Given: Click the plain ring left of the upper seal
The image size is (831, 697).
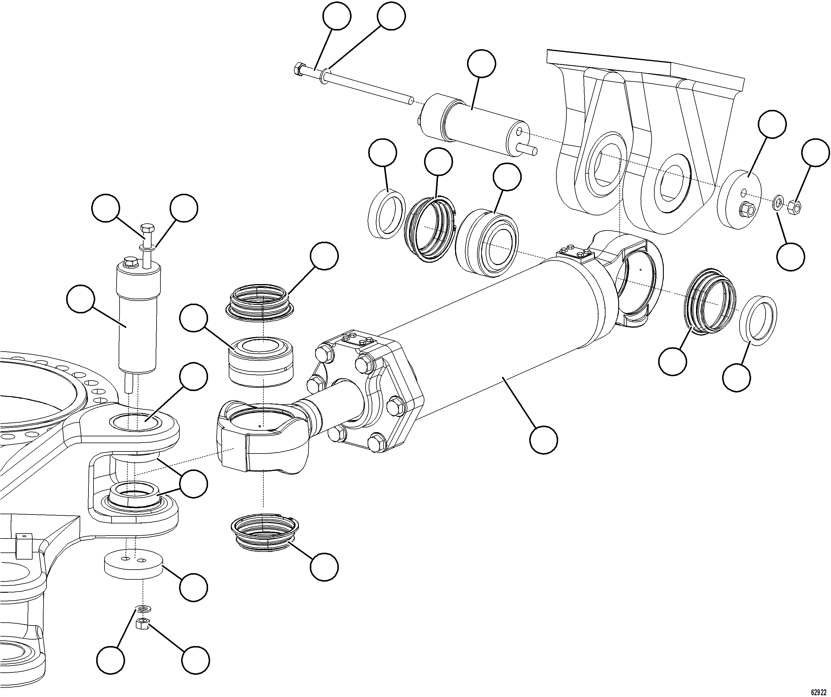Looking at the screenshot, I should (386, 214).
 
